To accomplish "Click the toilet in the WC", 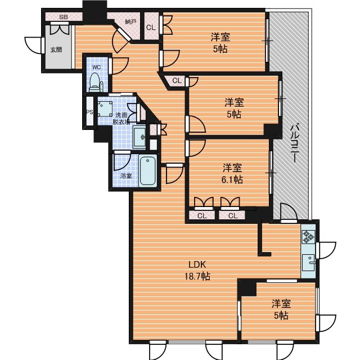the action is (96, 83).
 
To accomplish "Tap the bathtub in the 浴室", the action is (148, 170).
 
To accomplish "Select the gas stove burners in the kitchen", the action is (308, 237).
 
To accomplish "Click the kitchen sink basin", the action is (308, 263).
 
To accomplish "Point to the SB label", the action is (64, 17).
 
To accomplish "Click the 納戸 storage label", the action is (130, 22).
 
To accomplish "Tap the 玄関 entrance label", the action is (56, 49).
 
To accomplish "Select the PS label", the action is (89, 112).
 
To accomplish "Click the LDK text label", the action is (197, 265).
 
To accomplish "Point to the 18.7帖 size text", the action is (197, 276).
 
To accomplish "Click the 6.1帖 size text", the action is (232, 179).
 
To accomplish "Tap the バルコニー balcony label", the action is (295, 143).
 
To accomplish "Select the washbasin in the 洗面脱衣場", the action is (140, 137).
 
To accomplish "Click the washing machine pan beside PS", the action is (105, 109).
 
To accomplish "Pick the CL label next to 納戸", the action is (151, 28).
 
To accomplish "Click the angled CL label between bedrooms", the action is (177, 80).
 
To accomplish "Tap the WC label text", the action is (96, 67).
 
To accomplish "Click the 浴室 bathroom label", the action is (126, 176).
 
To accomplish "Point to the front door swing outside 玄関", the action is (34, 46).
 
